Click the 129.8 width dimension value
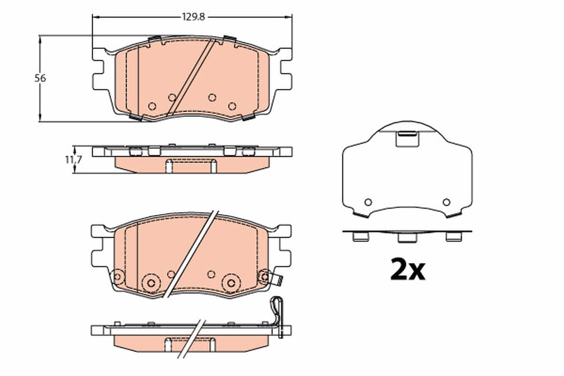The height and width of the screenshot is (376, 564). click(x=193, y=17)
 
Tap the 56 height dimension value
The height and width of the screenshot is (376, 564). click(x=40, y=78)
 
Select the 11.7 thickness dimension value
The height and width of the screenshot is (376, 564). click(x=73, y=160)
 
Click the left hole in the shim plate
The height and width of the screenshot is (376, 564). click(x=368, y=202)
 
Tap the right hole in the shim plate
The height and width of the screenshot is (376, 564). click(x=446, y=202)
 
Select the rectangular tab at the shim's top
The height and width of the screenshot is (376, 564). click(x=407, y=139)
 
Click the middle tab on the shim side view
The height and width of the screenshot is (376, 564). click(x=407, y=237)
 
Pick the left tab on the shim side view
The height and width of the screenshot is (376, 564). click(x=360, y=237)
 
